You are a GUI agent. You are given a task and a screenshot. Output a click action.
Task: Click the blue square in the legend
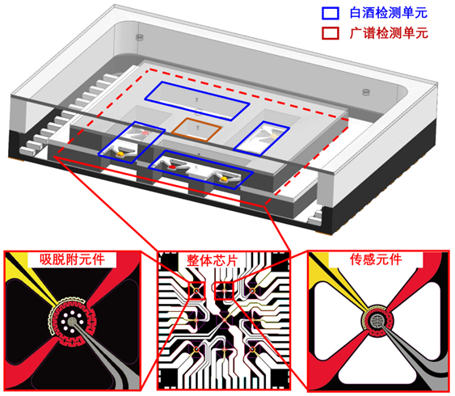[331, 13]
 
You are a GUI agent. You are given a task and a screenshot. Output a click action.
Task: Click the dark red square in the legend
[331, 33]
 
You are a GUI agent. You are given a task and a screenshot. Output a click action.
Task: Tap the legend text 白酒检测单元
[389, 13]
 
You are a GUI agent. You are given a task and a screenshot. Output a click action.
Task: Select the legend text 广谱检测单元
[389, 33]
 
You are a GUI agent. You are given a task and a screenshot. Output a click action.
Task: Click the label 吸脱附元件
[72, 259]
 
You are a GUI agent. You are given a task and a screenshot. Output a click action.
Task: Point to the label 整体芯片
[213, 260]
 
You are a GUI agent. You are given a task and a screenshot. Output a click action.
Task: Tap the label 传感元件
[376, 259]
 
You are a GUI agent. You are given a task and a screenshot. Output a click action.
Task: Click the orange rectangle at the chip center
[196, 129]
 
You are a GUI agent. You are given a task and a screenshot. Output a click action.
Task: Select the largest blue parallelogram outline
[197, 101]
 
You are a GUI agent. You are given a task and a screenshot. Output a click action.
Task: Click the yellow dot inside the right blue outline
[273, 136]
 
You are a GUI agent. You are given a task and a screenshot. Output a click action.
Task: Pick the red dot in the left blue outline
[145, 133]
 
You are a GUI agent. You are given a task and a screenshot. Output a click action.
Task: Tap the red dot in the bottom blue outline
[172, 167]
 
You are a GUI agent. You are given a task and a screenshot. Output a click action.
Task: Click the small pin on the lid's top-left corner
[140, 37]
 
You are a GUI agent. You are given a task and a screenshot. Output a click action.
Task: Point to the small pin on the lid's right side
[366, 92]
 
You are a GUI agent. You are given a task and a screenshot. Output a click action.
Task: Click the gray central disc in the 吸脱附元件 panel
[72, 321]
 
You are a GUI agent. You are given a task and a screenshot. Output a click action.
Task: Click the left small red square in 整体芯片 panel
[197, 290]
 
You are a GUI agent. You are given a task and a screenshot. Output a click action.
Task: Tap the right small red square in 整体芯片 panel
[224, 290]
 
